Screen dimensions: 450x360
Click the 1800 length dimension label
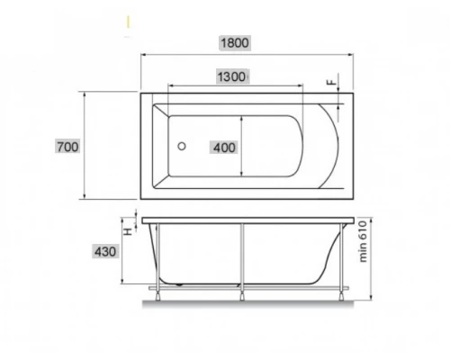(x=235, y=43)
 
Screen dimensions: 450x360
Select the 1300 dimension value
(x=231, y=76)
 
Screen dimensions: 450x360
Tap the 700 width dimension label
(x=67, y=147)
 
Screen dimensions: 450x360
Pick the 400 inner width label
(x=224, y=148)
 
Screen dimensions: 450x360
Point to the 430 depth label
(x=105, y=251)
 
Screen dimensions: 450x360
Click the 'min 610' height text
(x=363, y=241)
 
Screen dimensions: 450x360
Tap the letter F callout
(x=332, y=82)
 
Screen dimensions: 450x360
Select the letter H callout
(x=129, y=231)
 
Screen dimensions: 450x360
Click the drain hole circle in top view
(x=182, y=147)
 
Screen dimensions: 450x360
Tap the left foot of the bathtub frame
(x=157, y=295)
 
